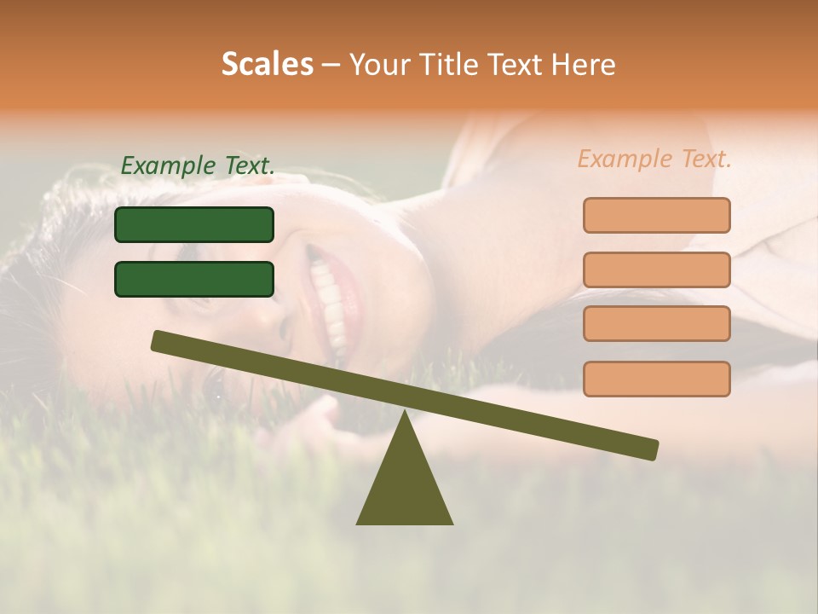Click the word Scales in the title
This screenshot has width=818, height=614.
pos(268,64)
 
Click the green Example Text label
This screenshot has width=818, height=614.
pos(198,165)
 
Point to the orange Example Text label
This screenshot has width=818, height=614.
pos(654,158)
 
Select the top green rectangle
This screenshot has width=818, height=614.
pos(194,224)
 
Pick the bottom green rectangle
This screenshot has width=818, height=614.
pos(194,279)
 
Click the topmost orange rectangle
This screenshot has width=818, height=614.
pos(656,215)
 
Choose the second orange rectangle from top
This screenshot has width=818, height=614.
pos(656,269)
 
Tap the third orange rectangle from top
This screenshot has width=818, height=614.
pos(656,323)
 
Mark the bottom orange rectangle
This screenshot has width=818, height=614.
pos(656,379)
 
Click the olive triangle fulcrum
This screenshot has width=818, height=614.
pos(405,486)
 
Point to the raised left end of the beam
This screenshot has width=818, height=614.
pos(158,340)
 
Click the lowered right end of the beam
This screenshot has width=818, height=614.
pos(652,449)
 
